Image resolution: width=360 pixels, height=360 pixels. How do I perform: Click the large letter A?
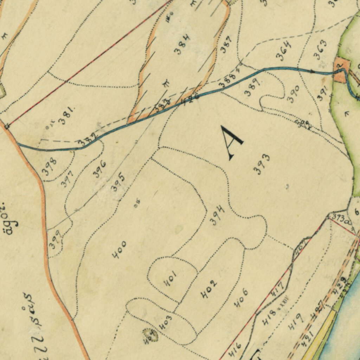click(231, 143)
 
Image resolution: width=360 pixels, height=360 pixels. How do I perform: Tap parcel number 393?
click(262, 164)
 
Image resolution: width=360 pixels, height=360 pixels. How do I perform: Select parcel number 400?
click(119, 250)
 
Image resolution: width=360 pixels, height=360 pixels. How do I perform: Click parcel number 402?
click(208, 289)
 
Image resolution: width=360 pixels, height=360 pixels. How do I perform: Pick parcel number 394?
click(217, 216)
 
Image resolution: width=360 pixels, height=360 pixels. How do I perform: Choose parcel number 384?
click(182, 44)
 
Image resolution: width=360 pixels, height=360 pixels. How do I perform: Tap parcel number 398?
click(49, 167)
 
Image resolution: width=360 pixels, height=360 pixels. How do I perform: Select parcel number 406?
click(242, 298)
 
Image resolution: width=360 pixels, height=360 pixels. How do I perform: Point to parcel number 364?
click(284, 51)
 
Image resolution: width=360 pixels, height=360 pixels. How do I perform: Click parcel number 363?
click(320, 50)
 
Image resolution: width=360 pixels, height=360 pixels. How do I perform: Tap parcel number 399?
click(54, 240)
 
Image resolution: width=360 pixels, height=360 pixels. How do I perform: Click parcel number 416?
click(235, 349)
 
